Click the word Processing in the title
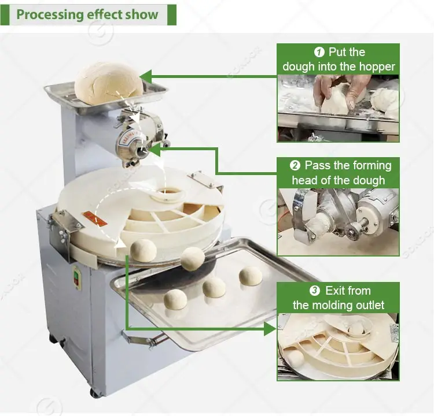tap(50, 14)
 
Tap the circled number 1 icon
tap(319, 52)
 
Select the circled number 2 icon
tap(295, 166)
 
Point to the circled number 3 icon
tap(315, 291)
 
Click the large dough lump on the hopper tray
tap(109, 83)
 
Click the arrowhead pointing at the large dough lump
tap(146, 77)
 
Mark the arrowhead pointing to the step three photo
tap(270, 329)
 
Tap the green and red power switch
tap(76, 277)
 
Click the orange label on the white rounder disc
tap(94, 218)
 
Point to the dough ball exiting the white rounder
tap(144, 250)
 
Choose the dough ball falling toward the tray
tap(193, 259)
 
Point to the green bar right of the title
tap(172, 14)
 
